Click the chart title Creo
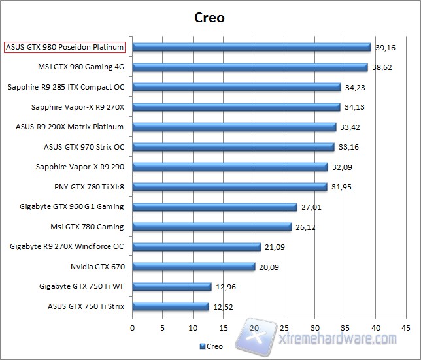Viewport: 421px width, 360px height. coord(209,18)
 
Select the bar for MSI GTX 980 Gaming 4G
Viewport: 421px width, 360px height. coord(250,67)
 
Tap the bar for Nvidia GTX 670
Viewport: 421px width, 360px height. coord(194,267)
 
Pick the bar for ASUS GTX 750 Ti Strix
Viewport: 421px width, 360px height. coord(171,306)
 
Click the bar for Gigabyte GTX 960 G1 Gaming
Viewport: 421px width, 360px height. coord(214,207)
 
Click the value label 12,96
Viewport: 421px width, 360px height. coord(224,286)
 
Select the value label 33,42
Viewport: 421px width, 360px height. coord(349,127)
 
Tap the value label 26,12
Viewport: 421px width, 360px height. coord(305,227)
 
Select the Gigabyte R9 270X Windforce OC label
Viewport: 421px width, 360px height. coord(67,246)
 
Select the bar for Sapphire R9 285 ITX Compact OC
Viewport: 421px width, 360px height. coord(237,87)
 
